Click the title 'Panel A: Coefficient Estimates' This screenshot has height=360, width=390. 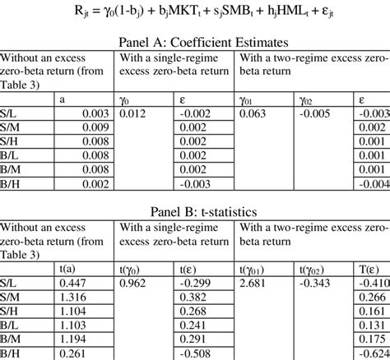[x=195, y=44]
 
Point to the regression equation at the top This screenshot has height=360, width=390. [x=195, y=12]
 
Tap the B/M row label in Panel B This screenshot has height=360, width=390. [x=12, y=339]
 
